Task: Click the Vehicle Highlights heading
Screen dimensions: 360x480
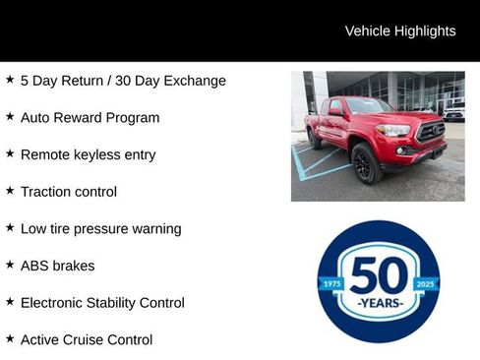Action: tap(400, 30)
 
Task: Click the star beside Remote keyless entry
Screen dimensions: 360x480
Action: tap(10, 153)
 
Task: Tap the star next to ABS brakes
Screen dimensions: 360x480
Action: tap(10, 265)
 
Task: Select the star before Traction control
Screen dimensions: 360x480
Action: tap(10, 191)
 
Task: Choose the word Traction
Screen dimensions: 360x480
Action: tap(47, 192)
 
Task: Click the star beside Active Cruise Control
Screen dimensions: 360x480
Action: tap(10, 338)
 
